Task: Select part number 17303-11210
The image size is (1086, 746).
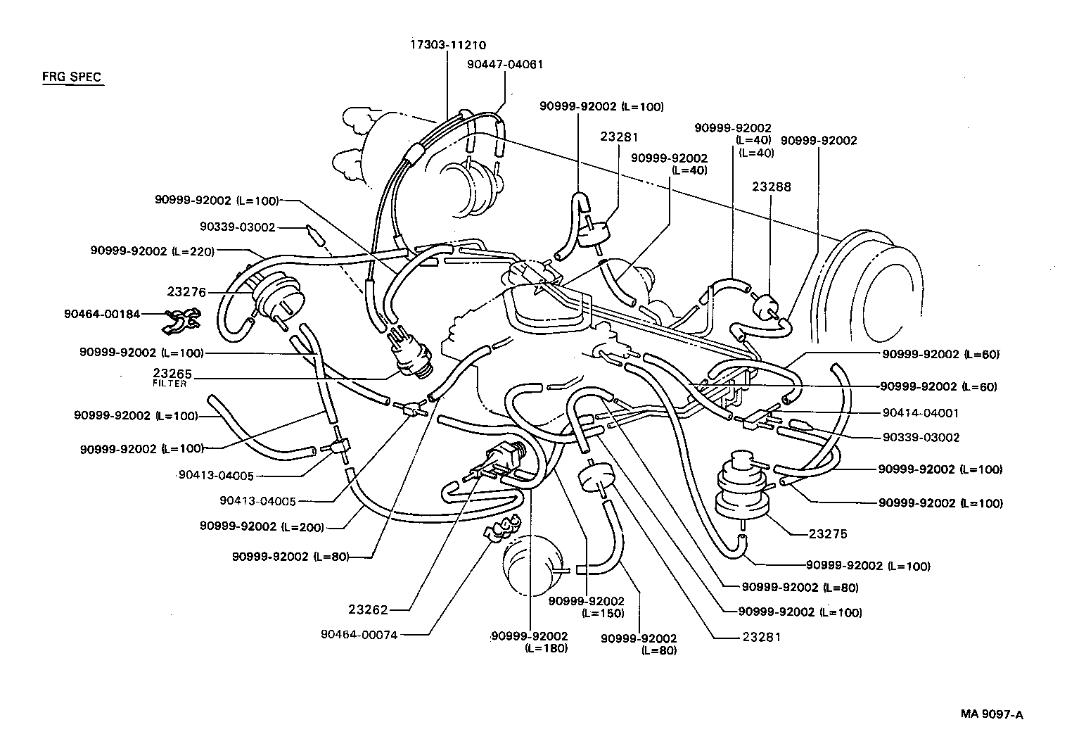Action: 448,44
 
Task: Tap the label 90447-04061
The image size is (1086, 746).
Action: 505,64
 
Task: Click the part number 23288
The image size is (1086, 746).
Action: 771,186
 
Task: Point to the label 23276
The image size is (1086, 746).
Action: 186,291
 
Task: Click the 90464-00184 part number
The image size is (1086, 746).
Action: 101,314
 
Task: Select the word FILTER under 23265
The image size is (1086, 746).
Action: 170,384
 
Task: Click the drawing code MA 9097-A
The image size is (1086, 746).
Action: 992,714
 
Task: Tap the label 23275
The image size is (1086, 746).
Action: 828,534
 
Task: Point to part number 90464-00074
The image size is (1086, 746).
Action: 359,634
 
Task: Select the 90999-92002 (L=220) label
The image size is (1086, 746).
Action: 152,251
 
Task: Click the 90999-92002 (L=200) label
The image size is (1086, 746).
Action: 262,526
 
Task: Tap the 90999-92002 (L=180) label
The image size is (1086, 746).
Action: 530,642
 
